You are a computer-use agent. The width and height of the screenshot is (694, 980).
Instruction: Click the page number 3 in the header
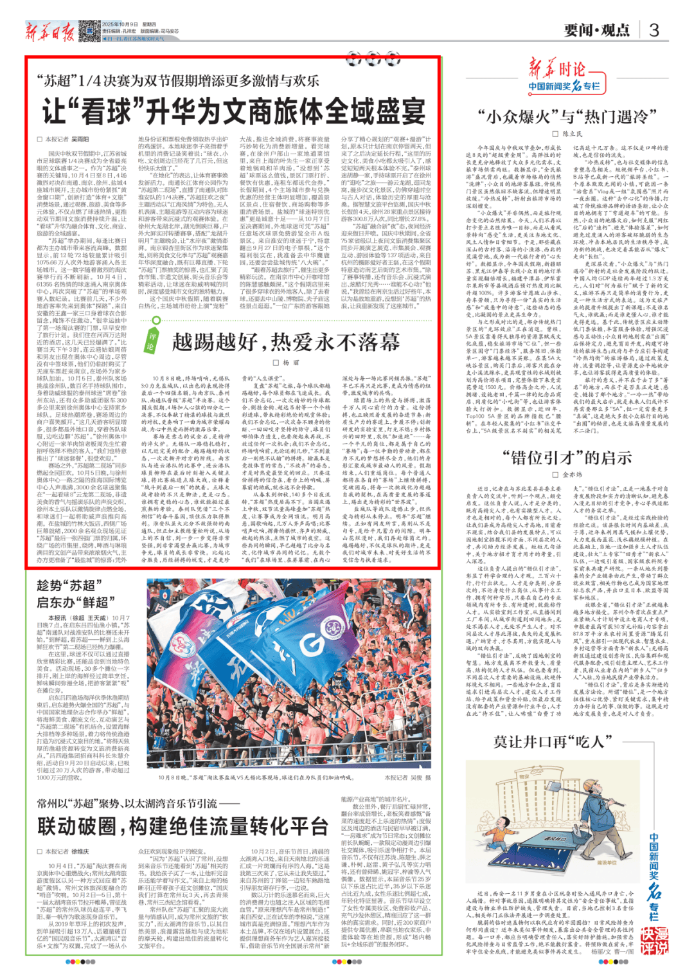click(x=654, y=30)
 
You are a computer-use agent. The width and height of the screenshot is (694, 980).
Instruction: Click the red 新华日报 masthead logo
click(x=50, y=32)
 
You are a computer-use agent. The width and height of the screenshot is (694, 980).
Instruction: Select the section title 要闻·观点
click(x=597, y=30)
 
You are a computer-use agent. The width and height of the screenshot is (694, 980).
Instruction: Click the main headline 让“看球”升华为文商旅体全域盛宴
click(x=235, y=111)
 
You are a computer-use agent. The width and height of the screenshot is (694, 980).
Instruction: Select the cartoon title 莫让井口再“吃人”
click(x=552, y=741)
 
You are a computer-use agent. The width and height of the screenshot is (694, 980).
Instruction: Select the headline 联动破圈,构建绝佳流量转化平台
click(x=182, y=826)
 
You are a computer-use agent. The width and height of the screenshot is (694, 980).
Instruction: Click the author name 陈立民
click(x=572, y=134)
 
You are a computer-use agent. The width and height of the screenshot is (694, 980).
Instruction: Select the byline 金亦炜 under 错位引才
click(x=572, y=475)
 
